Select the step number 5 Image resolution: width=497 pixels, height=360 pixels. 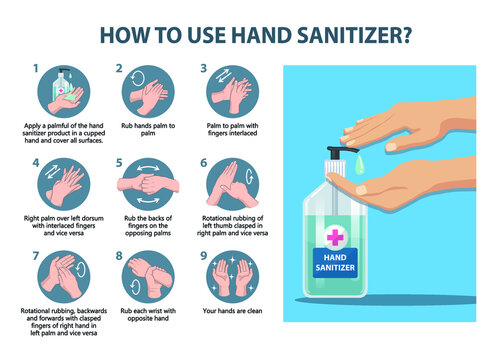120,161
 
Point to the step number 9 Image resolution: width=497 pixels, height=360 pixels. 204,256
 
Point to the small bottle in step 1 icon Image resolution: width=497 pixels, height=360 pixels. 63,84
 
